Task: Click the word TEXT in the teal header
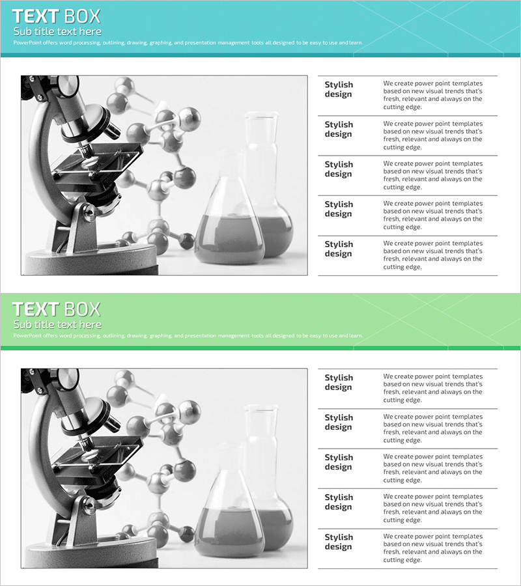point(36,16)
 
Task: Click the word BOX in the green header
point(82,309)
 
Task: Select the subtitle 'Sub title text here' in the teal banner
point(57,31)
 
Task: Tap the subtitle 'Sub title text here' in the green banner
point(57,324)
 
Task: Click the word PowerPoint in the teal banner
point(27,42)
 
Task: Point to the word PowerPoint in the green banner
point(27,335)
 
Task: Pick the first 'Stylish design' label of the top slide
point(339,89)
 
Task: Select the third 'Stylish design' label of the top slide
point(339,169)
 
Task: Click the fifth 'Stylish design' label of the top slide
point(339,249)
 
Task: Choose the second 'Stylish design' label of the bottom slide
point(339,423)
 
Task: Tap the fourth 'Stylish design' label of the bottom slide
point(339,502)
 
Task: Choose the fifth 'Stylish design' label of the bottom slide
point(339,542)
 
